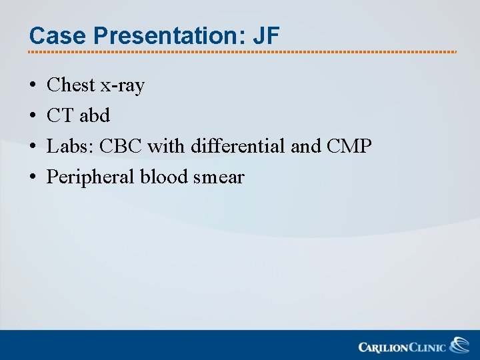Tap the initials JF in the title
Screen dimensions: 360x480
(x=266, y=36)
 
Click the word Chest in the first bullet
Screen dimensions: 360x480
(x=71, y=85)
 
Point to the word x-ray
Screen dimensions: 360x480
(x=122, y=86)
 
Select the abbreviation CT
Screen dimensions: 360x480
(x=60, y=116)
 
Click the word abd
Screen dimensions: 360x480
(x=95, y=116)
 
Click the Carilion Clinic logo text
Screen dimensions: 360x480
(x=403, y=347)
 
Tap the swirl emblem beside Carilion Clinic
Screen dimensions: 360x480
(x=459, y=345)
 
